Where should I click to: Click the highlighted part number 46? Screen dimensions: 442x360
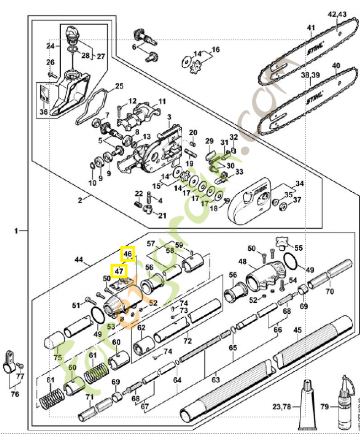pyautogui.click(x=128, y=254)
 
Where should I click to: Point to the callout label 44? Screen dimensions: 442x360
pyautogui.click(x=79, y=259)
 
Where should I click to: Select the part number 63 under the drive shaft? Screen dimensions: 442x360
pyautogui.click(x=215, y=380)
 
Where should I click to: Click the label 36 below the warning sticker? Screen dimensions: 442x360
pyautogui.click(x=44, y=112)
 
